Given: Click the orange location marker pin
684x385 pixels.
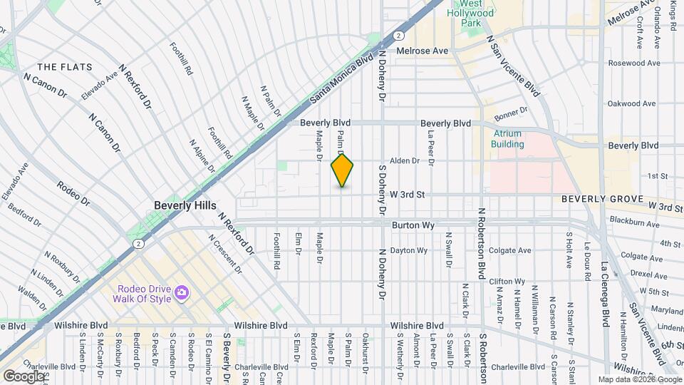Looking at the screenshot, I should pos(342,170).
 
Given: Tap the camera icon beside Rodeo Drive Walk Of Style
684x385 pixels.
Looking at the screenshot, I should pos(182,293).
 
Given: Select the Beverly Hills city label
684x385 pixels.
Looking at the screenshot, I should pos(185,205).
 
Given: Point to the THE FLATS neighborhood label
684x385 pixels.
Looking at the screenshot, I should pos(65,67).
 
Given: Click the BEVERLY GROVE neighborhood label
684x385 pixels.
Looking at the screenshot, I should pos(603,199).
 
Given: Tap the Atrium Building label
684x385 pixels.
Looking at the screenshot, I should pos(507,139).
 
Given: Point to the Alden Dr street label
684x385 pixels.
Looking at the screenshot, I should pos(404,161).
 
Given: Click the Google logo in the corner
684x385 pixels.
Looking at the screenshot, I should pos(24,376).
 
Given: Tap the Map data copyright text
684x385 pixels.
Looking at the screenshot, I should pos(639,379).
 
